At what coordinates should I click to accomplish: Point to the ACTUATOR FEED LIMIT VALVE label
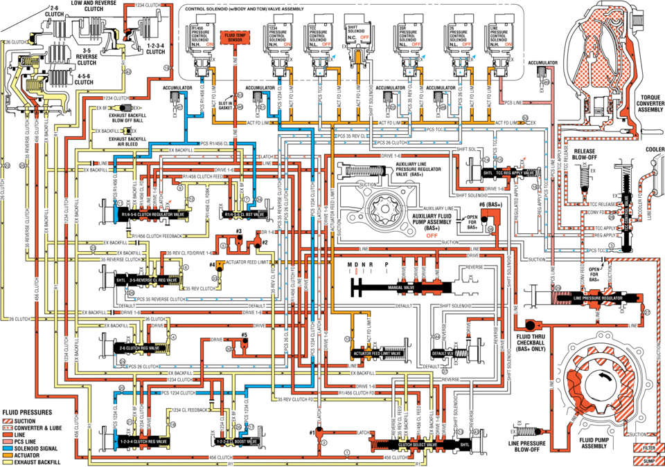tap(376, 353)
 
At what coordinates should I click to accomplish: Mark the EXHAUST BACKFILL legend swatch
tap(6, 461)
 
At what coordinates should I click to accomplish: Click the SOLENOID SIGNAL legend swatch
tap(6, 448)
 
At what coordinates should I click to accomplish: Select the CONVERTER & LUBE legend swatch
tap(6, 428)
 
